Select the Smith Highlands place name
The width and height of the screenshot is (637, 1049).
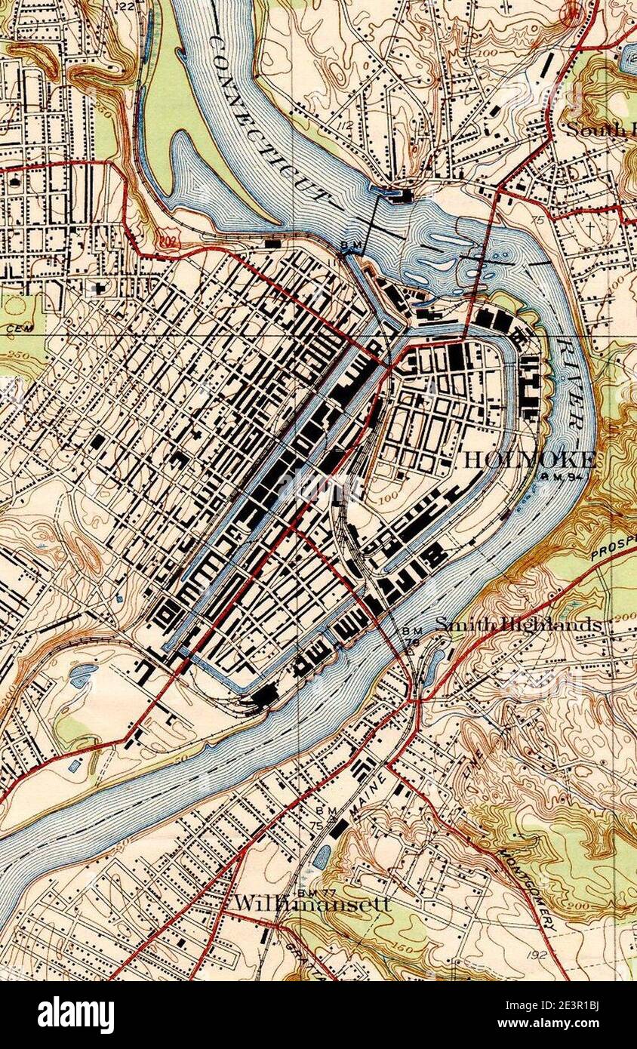[519, 625]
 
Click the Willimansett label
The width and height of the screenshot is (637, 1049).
[311, 903]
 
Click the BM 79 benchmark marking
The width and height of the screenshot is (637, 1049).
[412, 636]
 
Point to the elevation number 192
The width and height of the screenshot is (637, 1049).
[537, 955]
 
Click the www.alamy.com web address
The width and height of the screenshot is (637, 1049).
[571, 1024]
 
